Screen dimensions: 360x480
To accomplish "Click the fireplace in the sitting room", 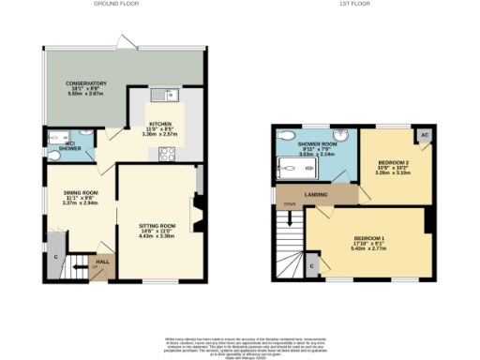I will pyautogui.click(x=198, y=211).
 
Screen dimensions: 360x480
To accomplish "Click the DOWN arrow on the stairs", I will pyautogui.click(x=291, y=215).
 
